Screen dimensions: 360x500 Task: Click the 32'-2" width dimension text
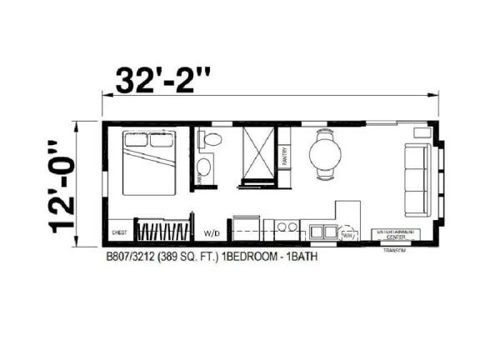point(163,81)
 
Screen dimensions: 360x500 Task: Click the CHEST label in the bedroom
point(119,233)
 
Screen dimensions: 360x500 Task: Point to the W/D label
point(212,233)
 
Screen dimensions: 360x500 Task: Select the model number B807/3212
point(132,257)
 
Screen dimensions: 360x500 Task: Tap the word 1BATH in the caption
point(301,257)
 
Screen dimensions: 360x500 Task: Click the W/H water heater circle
point(347,236)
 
